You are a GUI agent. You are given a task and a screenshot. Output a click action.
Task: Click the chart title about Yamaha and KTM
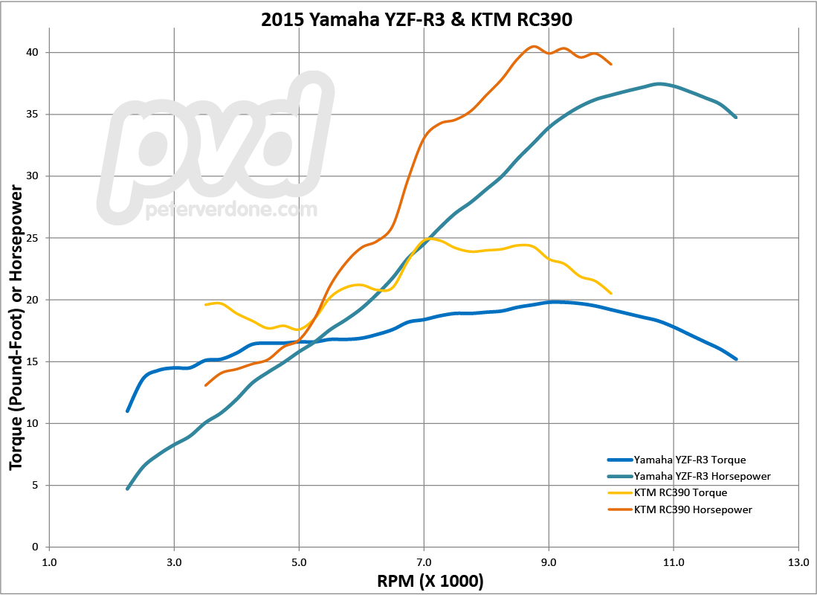(x=416, y=19)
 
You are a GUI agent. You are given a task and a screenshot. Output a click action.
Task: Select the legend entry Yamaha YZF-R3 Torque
(x=688, y=459)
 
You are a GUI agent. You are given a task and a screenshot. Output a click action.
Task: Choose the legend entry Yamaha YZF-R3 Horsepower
(x=701, y=476)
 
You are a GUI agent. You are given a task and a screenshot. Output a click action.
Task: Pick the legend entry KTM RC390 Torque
(x=679, y=492)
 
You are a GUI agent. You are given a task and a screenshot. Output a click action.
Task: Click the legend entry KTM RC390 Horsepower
(x=692, y=509)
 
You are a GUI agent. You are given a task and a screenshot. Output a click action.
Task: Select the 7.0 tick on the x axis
(x=424, y=563)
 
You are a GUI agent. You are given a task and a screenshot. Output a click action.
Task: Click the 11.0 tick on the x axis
(x=674, y=563)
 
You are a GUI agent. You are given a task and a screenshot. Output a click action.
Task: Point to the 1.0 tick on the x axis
(x=49, y=563)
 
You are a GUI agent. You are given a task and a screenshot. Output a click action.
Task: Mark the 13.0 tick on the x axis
(x=798, y=563)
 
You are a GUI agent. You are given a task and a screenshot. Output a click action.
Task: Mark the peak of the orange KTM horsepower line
(x=533, y=46)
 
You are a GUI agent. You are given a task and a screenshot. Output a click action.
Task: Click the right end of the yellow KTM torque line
(x=611, y=294)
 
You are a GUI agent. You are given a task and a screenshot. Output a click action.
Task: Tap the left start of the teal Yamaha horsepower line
(x=128, y=489)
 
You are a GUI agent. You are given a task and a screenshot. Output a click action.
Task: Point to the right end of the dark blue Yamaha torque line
(x=736, y=359)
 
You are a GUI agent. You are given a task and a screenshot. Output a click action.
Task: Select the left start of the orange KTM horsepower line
(x=206, y=385)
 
